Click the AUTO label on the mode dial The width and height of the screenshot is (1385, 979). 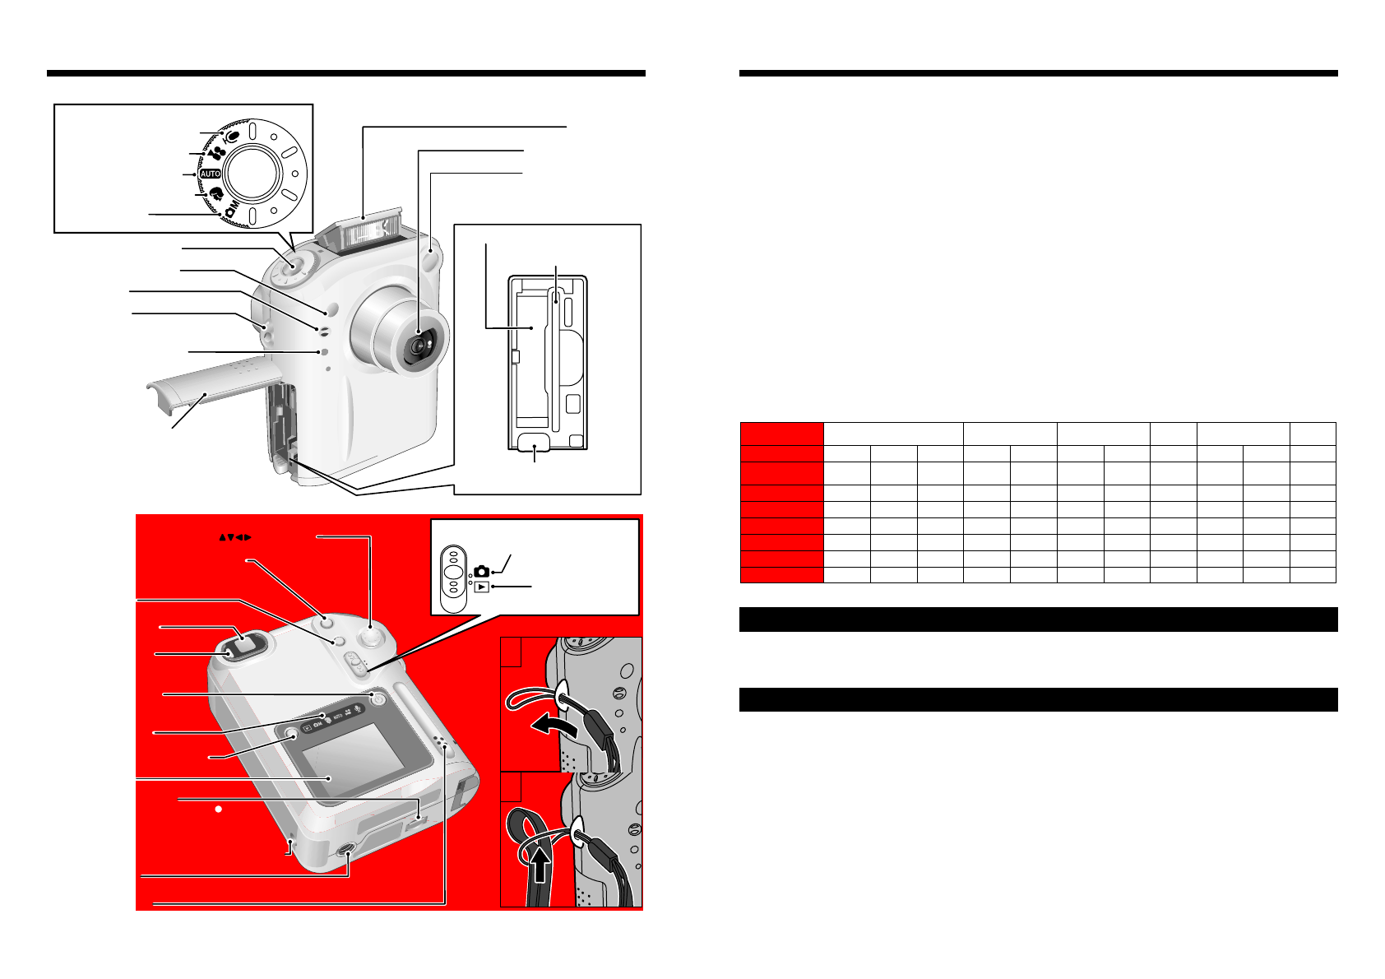211,174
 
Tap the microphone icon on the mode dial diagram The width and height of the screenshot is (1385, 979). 232,136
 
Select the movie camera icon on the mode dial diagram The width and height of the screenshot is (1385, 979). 216,153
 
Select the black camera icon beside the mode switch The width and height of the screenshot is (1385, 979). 482,571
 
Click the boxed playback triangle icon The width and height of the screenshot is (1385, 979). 482,587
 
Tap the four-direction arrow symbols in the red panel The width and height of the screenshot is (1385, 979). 234,537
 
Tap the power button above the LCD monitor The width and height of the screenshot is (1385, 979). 378,698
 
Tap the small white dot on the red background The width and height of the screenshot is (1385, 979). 219,810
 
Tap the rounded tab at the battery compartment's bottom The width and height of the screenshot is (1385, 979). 535,445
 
